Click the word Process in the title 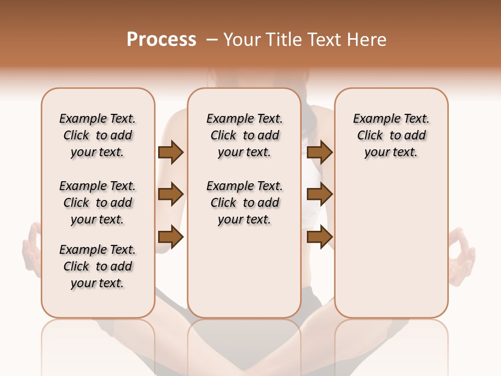(x=161, y=40)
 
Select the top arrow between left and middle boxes (x=171, y=152)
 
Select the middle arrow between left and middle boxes (x=171, y=194)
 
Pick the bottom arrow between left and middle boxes (x=171, y=237)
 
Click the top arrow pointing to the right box (x=319, y=152)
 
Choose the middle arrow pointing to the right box (x=319, y=194)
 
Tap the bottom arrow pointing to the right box (x=319, y=237)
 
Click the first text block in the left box (x=98, y=135)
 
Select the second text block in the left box (x=98, y=203)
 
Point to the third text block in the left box (x=98, y=266)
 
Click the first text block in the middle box (x=245, y=135)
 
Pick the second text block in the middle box (x=245, y=203)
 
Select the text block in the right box (x=391, y=135)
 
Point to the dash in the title (x=212, y=40)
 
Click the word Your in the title (x=242, y=40)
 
